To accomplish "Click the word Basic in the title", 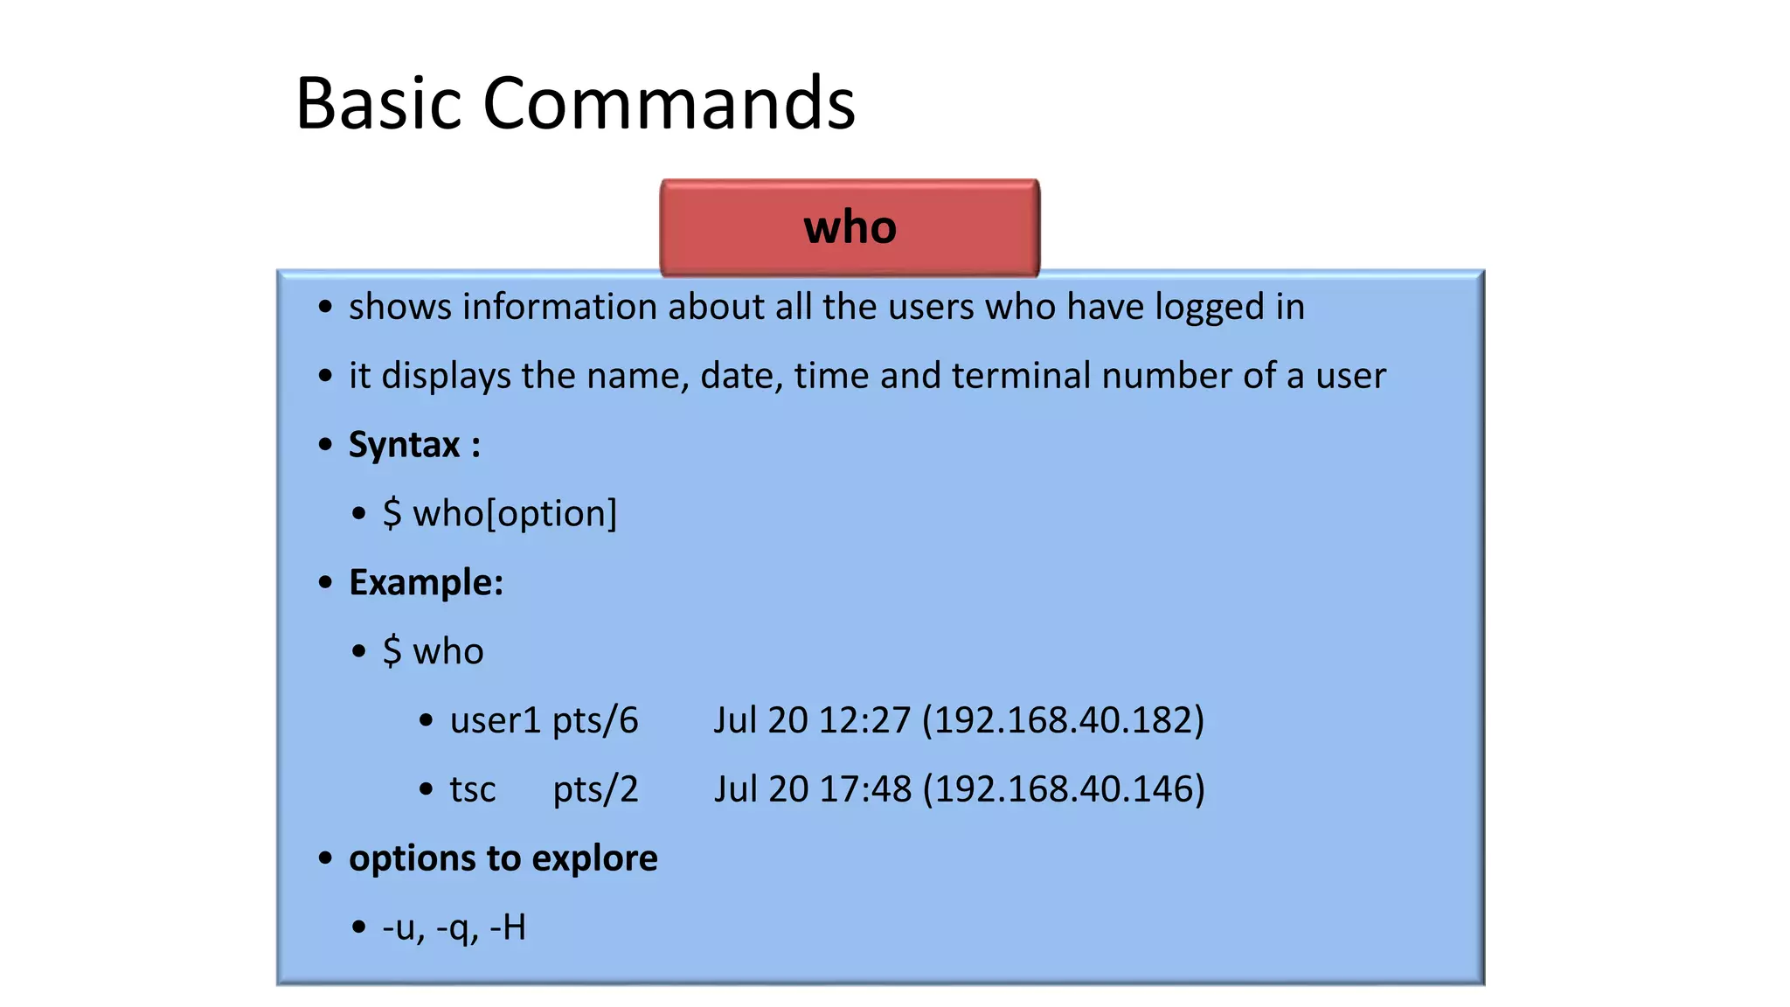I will click(378, 103).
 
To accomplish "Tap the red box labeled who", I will click(850, 227).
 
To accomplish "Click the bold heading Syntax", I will click(404, 445).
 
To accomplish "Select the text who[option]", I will click(515, 514).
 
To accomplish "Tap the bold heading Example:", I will click(426, 583).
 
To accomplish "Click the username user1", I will click(496, 720).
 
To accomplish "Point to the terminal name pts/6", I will click(595, 721).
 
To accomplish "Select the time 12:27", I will click(864, 720).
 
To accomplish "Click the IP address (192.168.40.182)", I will click(1063, 720).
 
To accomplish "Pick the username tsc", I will click(473, 789).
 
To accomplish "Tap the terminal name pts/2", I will click(595, 790).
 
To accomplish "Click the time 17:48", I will click(865, 789).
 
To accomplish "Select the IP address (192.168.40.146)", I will click(1064, 789).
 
